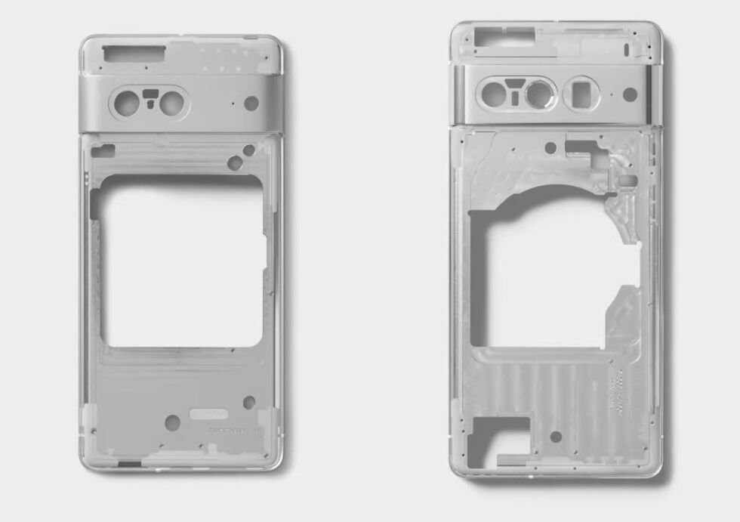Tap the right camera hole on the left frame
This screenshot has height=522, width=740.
(173, 102)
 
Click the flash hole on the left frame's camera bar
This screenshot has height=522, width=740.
(251, 103)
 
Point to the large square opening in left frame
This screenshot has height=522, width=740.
(182, 261)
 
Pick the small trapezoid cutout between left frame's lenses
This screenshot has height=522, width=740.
(150, 95)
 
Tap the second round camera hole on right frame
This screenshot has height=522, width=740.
(539, 94)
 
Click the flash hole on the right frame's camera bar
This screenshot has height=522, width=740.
(629, 94)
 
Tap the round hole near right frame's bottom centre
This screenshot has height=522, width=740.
(556, 437)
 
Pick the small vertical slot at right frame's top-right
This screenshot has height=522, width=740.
(627, 49)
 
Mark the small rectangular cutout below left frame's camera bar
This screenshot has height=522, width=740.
(103, 151)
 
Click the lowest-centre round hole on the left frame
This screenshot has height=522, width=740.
(172, 422)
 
